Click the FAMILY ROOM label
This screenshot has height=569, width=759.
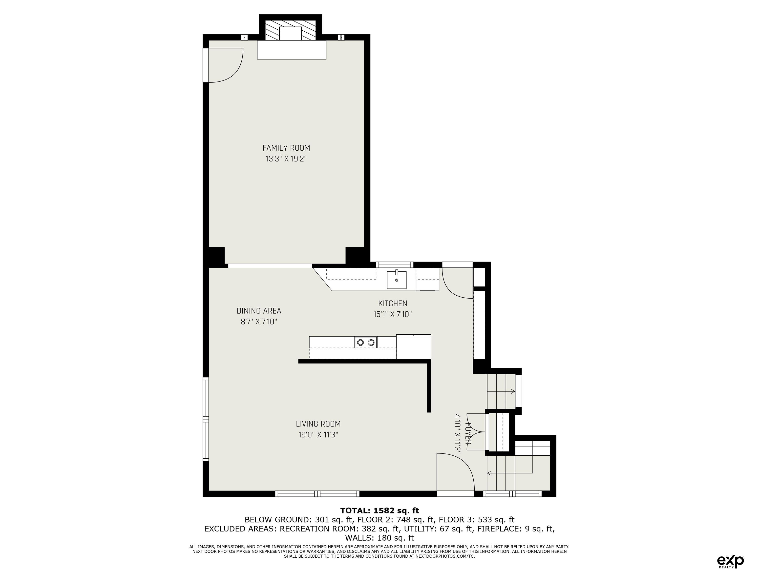(286, 148)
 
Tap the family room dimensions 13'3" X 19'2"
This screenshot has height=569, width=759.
(286, 159)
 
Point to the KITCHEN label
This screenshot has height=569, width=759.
(393, 303)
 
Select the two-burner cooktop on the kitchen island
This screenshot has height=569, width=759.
(366, 342)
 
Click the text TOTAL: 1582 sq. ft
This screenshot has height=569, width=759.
(379, 511)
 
